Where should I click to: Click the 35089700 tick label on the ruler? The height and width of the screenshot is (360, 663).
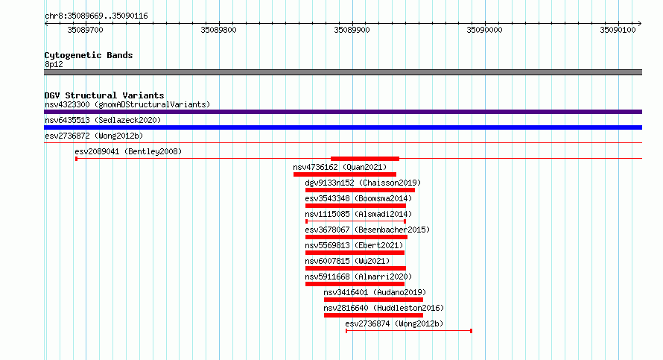pyautogui.click(x=85, y=30)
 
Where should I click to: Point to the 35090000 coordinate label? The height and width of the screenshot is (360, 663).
pyautogui.click(x=484, y=30)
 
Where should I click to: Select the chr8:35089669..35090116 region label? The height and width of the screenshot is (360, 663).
pyautogui.click(x=96, y=16)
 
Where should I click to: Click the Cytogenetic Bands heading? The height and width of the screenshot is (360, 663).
pyautogui.click(x=89, y=55)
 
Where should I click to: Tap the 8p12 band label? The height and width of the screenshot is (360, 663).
pyautogui.click(x=54, y=64)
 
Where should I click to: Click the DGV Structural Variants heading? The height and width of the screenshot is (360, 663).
pyautogui.click(x=104, y=95)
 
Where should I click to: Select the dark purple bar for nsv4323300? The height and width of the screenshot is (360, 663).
pyautogui.click(x=343, y=112)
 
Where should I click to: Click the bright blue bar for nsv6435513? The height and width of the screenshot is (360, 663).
pyautogui.click(x=343, y=127)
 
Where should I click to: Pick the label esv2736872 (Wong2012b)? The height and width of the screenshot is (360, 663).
pyautogui.click(x=94, y=136)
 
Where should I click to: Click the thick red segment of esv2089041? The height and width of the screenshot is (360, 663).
pyautogui.click(x=365, y=159)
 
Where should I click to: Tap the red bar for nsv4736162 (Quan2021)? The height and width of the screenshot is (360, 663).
pyautogui.click(x=345, y=174)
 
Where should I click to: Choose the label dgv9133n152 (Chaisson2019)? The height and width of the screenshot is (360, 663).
pyautogui.click(x=363, y=183)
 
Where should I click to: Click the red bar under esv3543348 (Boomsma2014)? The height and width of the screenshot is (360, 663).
pyautogui.click(x=355, y=206)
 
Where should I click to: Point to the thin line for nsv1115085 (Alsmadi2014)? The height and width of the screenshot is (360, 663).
pyautogui.click(x=355, y=221)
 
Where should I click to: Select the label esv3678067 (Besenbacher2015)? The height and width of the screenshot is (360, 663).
pyautogui.click(x=367, y=230)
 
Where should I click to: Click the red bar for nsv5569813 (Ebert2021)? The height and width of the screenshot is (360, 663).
pyautogui.click(x=355, y=253)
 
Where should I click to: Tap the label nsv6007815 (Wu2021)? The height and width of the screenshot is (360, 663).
pyautogui.click(x=347, y=261)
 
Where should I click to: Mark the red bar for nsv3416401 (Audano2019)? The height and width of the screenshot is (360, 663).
pyautogui.click(x=373, y=300)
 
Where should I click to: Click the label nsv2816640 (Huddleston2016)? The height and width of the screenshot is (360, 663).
pyautogui.click(x=384, y=308)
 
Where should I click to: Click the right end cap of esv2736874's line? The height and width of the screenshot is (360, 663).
pyautogui.click(x=471, y=331)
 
